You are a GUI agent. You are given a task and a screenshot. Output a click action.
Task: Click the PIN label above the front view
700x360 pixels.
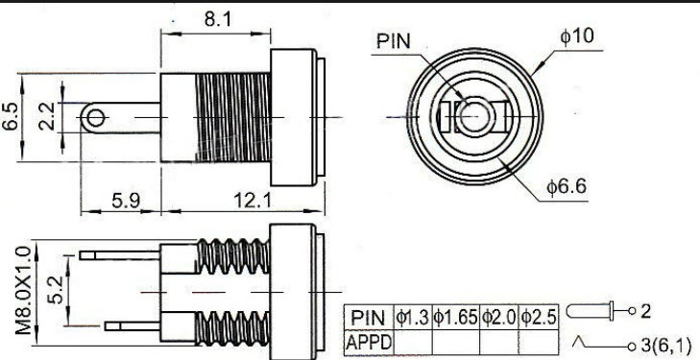pos(395,41)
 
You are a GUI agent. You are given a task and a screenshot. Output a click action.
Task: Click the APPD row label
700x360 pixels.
pos(369,339)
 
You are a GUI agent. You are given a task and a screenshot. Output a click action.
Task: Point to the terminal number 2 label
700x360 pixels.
pos(645,311)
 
